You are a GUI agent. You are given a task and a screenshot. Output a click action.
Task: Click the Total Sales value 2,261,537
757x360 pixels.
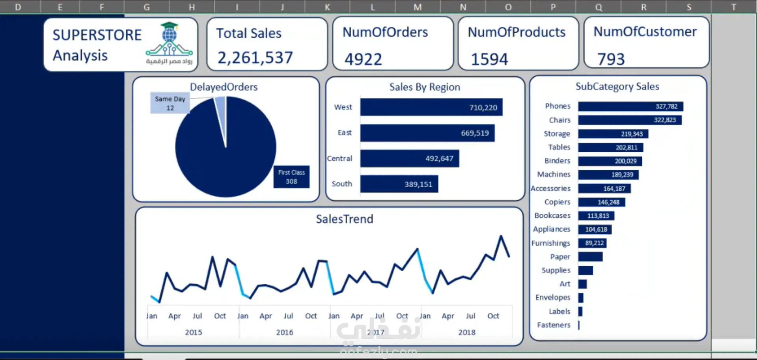(255, 58)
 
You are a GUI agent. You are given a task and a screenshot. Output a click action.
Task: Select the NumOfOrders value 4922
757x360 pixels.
(363, 60)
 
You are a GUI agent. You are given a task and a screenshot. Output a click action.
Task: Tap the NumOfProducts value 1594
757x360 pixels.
(489, 60)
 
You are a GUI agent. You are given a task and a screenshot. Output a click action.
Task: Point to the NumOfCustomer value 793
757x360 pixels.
(611, 60)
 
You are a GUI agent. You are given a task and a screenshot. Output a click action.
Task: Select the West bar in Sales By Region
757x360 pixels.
(431, 107)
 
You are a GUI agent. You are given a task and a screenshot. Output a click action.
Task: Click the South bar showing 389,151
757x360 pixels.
(399, 184)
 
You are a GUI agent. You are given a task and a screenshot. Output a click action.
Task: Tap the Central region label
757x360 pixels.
(339, 159)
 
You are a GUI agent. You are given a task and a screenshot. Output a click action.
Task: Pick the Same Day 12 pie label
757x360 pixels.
(170, 103)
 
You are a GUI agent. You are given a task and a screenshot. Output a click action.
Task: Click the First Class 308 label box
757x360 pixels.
(291, 177)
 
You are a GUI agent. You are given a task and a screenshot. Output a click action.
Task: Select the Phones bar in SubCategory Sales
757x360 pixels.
(630, 106)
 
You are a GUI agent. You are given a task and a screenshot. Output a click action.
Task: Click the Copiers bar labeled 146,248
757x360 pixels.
(601, 202)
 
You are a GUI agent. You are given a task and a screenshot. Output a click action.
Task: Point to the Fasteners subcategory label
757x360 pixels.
(554, 325)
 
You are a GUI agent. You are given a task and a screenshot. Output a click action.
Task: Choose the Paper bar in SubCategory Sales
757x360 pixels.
(590, 257)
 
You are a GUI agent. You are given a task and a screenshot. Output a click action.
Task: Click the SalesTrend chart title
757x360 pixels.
(344, 219)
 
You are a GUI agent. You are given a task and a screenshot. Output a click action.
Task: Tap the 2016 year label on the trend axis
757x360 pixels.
(284, 332)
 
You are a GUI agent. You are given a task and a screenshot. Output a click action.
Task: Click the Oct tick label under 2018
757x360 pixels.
(493, 316)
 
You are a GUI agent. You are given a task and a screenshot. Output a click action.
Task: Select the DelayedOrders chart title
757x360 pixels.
(224, 87)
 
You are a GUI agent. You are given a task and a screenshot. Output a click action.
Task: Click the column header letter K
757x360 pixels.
(327, 7)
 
